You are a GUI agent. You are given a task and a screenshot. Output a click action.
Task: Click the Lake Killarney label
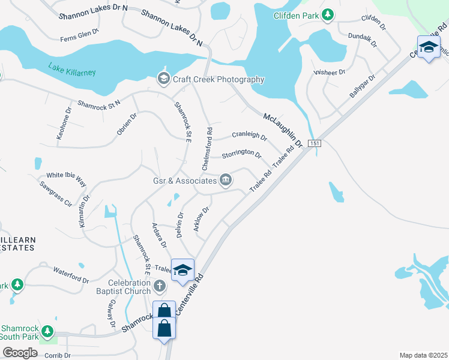(72, 71)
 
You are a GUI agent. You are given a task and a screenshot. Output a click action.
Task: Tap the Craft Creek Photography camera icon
(163, 79)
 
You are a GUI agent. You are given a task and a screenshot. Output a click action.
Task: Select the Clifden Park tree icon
(328, 15)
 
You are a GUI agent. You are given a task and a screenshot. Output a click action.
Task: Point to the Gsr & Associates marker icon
(226, 180)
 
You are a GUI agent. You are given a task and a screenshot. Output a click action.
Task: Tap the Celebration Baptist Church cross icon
(160, 286)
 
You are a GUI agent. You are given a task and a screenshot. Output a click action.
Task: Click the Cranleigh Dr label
(249, 136)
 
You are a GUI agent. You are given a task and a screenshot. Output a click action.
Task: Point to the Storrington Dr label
(241, 155)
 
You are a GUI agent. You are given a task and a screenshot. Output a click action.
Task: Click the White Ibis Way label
(67, 179)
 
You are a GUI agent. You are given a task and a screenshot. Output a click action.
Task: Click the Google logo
(20, 352)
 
